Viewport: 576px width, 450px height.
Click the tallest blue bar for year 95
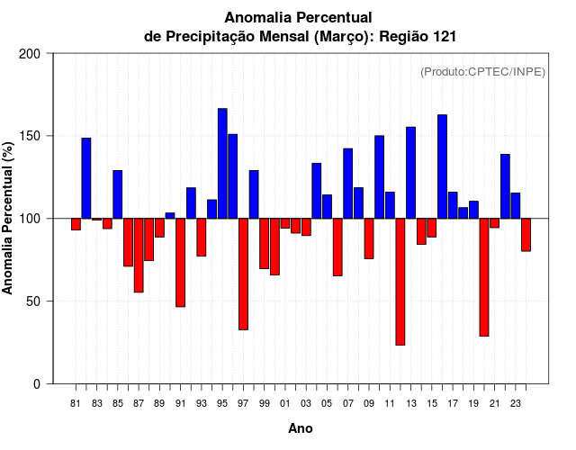tap(222, 163)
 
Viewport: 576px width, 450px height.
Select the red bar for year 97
tap(244, 274)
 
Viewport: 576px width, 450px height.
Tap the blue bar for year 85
tap(118, 193)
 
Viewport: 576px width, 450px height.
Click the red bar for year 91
tap(180, 262)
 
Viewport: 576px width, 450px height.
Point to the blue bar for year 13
tap(410, 172)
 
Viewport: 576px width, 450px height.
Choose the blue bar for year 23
tap(516, 205)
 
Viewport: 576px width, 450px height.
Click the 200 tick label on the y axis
tap(31, 54)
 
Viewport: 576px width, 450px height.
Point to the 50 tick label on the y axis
tap(34, 301)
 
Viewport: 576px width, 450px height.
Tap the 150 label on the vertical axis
tap(31, 136)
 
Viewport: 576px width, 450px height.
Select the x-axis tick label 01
tap(285, 404)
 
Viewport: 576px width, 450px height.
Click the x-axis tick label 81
tap(76, 404)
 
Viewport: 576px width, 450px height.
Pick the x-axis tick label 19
tap(473, 404)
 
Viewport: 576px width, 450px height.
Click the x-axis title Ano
tap(301, 428)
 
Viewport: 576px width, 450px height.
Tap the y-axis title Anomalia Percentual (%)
tap(9, 218)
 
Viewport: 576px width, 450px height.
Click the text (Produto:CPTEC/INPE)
tap(483, 71)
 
